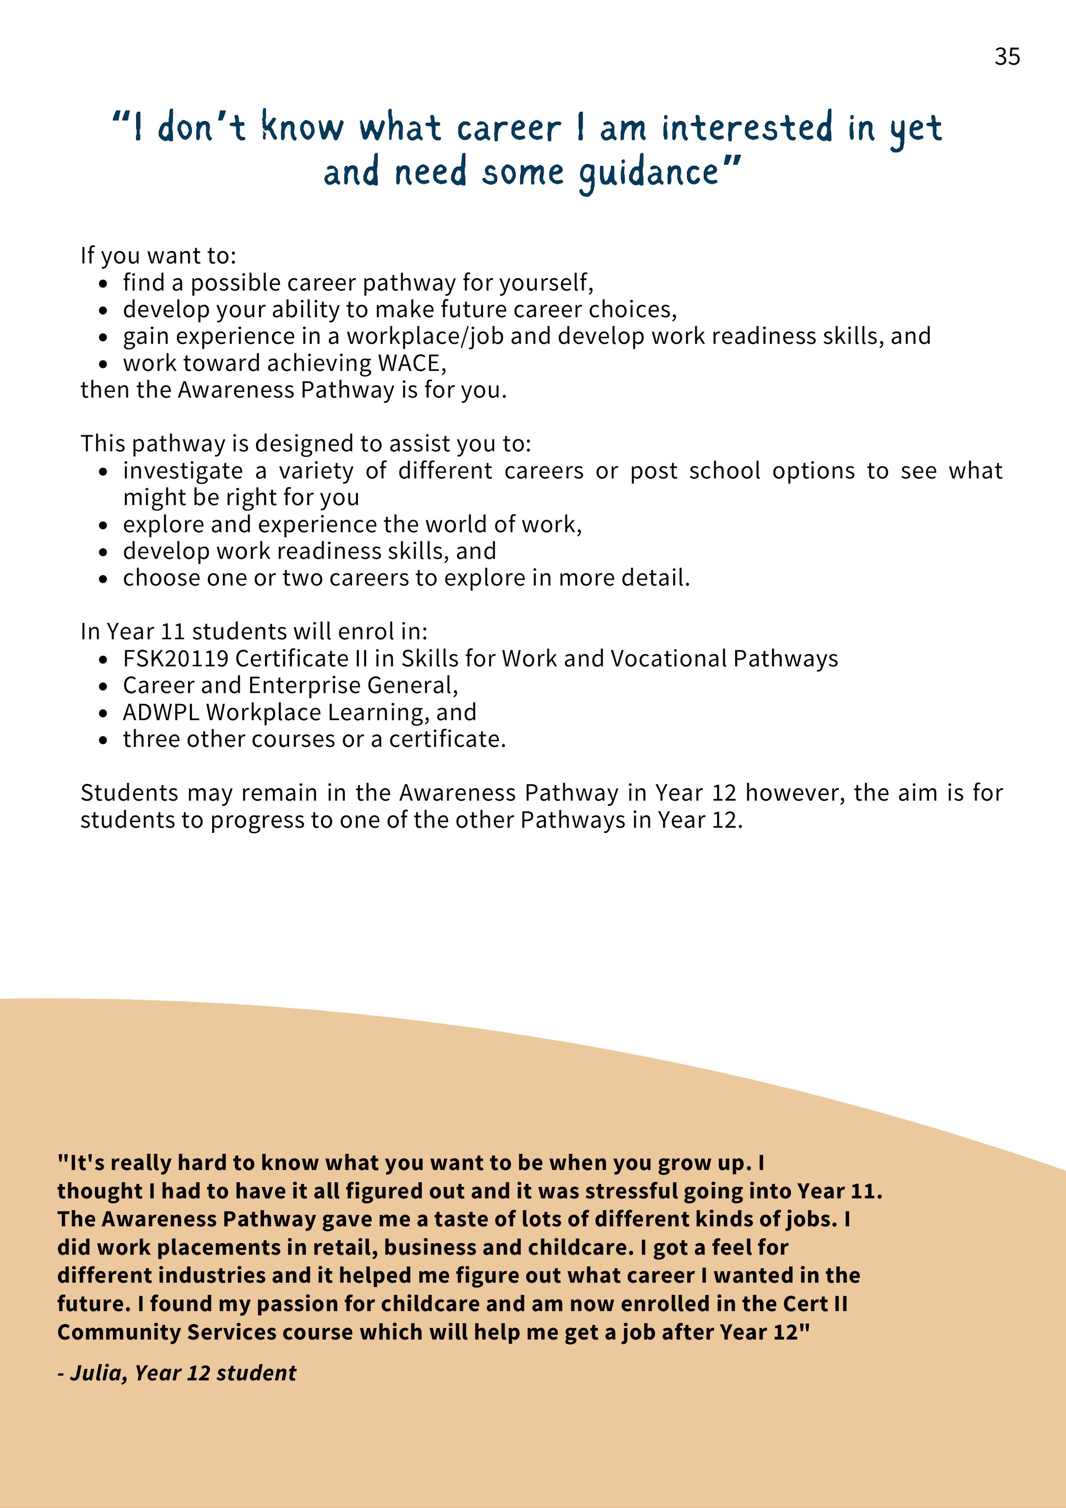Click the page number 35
pos(1007,57)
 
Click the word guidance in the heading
pos(649,173)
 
